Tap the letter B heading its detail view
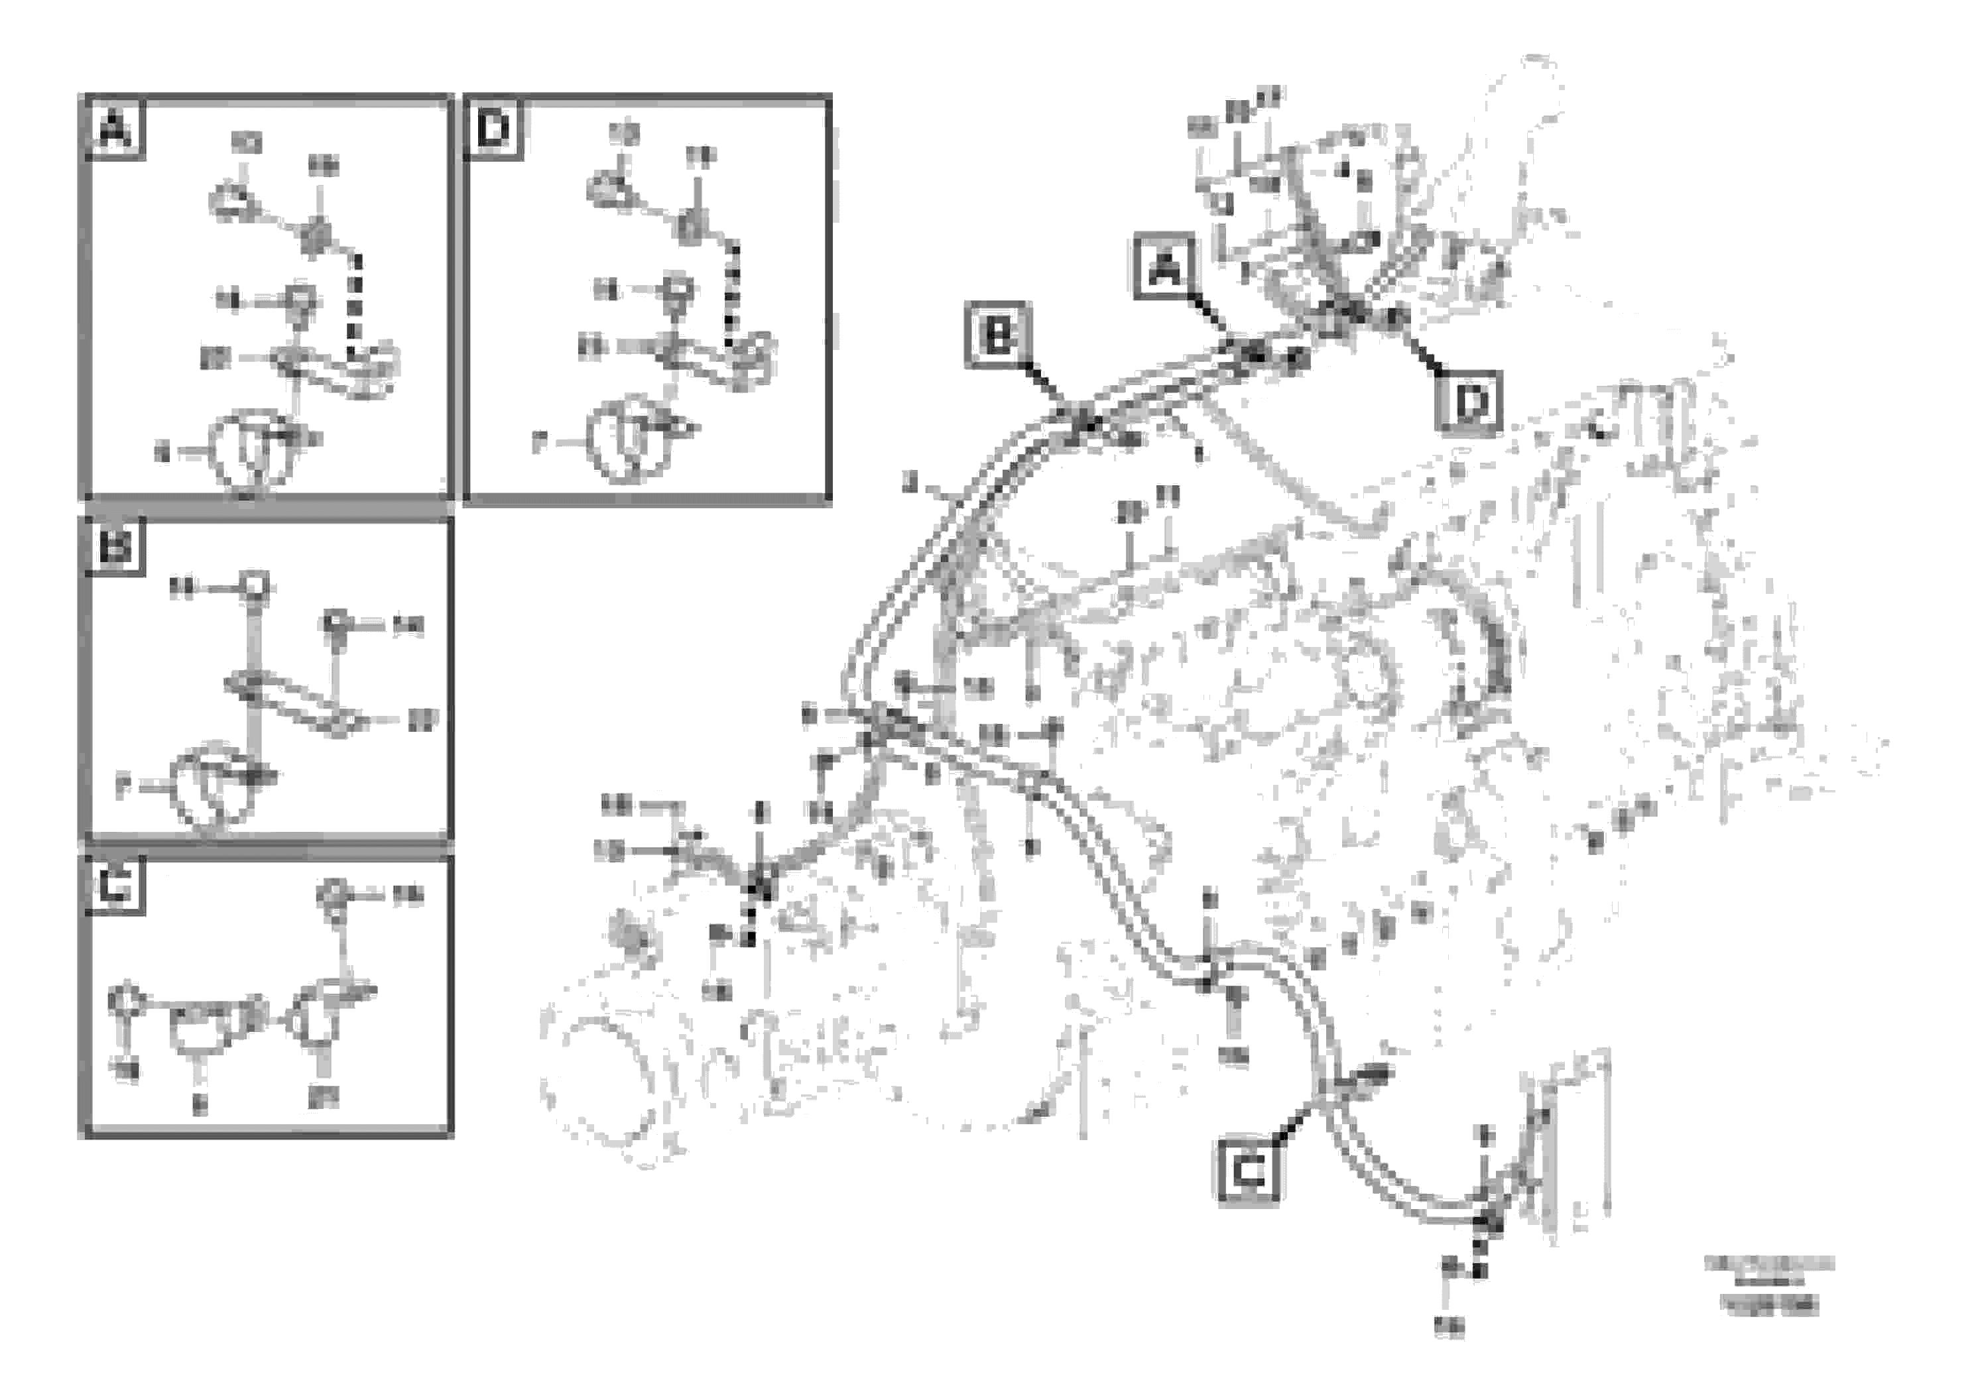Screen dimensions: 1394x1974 pos(115,548)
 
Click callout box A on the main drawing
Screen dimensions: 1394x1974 pos(1165,269)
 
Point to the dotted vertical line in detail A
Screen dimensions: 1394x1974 pos(356,305)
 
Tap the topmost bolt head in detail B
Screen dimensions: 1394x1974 pos(255,585)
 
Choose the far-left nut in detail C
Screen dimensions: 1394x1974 pos(125,1000)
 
